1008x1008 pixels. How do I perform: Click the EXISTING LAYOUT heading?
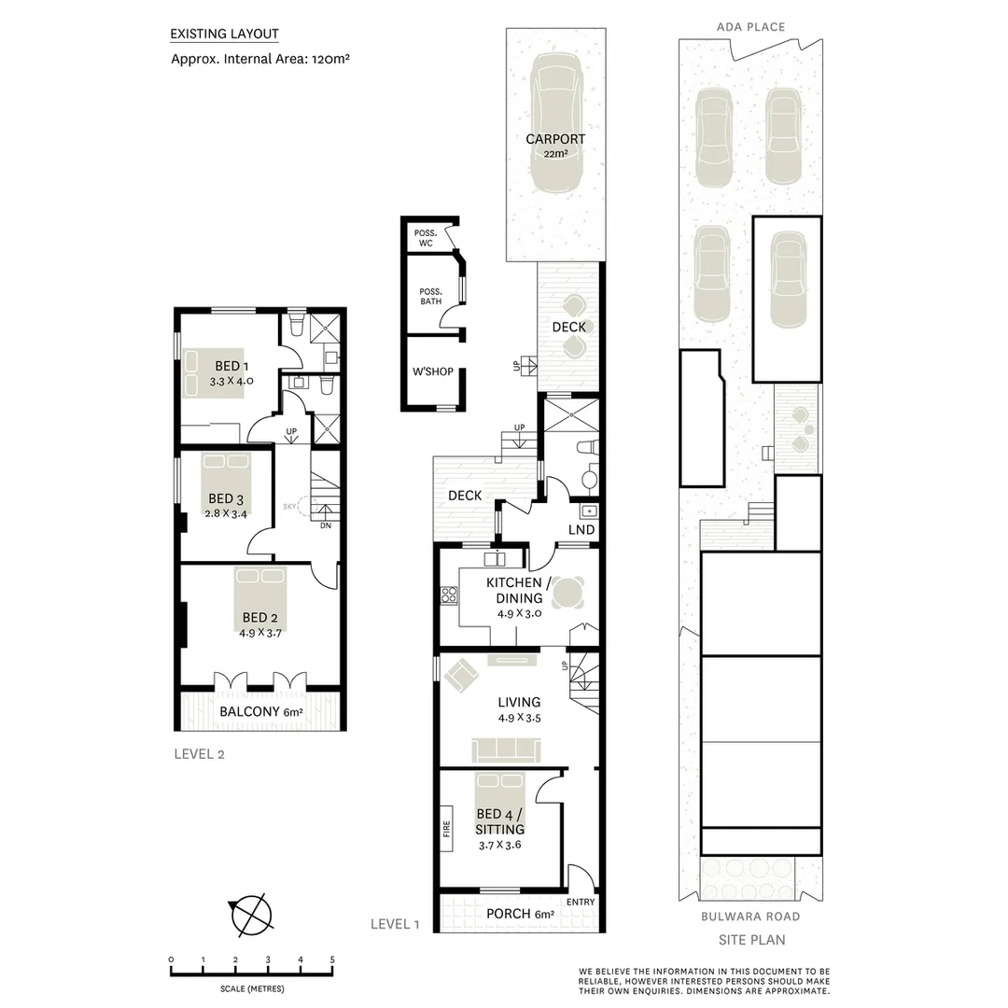(x=224, y=35)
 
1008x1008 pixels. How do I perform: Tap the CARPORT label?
(x=555, y=140)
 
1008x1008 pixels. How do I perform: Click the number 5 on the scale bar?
(x=332, y=959)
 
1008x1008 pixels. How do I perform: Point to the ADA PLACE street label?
(x=750, y=27)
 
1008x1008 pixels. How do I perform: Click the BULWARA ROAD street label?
(x=750, y=917)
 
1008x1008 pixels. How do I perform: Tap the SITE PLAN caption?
(x=751, y=940)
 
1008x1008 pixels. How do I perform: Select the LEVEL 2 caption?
(x=199, y=754)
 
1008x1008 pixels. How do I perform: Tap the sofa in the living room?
(x=505, y=749)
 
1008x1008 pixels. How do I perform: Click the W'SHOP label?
(x=432, y=372)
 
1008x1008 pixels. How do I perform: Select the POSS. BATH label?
(x=430, y=296)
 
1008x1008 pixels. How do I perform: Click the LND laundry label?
(x=581, y=530)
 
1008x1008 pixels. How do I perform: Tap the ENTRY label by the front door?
(x=580, y=902)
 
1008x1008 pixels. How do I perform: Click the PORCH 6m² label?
(x=521, y=914)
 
